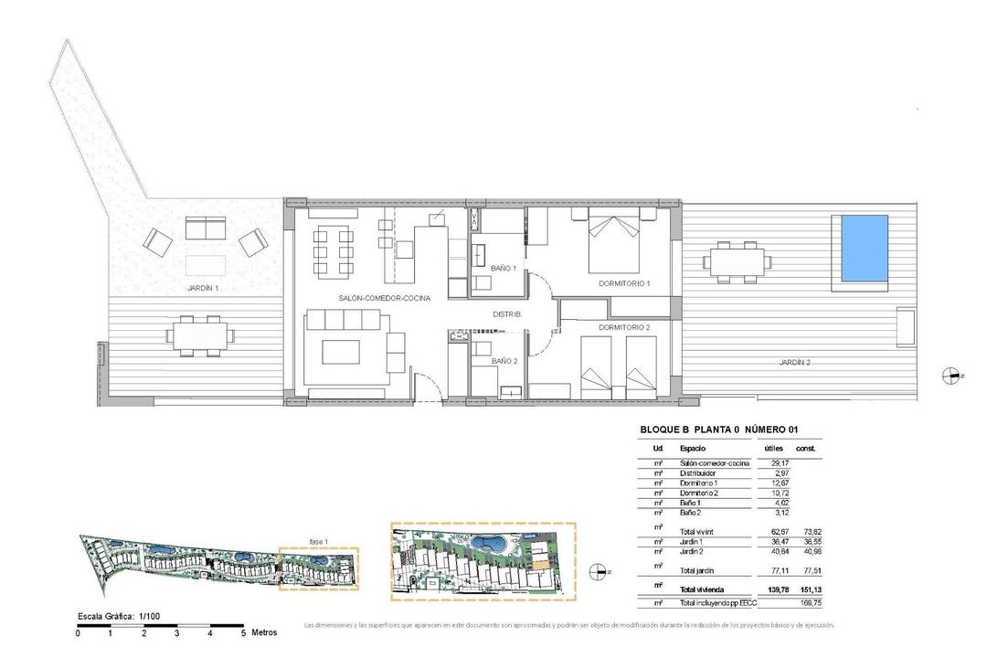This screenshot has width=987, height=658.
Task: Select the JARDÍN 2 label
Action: (x=794, y=363)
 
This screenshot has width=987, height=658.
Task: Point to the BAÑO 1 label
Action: (x=504, y=269)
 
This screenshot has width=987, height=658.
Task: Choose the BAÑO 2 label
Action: (x=504, y=362)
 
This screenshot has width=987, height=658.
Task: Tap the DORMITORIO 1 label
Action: (x=624, y=284)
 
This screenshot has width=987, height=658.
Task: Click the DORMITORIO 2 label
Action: (x=624, y=327)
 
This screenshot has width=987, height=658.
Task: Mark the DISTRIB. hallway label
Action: (x=507, y=313)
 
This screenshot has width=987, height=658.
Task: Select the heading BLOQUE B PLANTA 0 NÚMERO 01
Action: (x=717, y=430)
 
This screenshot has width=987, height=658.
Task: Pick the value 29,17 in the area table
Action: (x=773, y=463)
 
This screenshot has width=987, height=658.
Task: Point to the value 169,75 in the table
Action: (x=807, y=603)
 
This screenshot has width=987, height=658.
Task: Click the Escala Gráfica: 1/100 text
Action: (x=119, y=617)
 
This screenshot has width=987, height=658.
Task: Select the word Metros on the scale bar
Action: (x=264, y=632)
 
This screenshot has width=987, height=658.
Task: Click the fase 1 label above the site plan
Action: (x=318, y=541)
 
